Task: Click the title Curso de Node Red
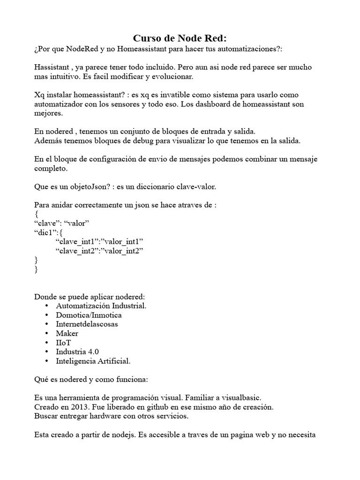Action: point(180,38)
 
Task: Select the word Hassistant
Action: point(52,67)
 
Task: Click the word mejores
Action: point(48,113)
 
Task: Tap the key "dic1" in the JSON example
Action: point(47,232)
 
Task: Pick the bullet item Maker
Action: point(67,333)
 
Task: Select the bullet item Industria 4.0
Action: point(77,352)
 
